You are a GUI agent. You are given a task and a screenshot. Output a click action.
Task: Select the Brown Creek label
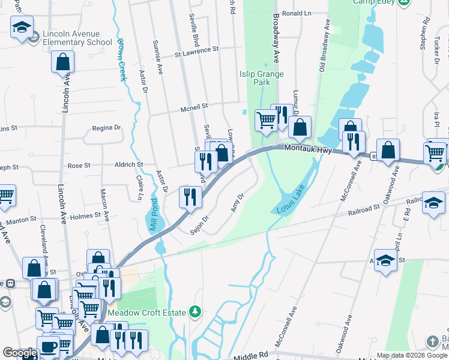[122, 59]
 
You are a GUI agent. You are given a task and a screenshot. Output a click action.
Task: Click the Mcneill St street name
[194, 107]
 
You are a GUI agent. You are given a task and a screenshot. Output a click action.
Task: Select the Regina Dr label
[106, 128]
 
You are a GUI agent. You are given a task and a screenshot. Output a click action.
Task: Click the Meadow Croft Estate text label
[147, 312]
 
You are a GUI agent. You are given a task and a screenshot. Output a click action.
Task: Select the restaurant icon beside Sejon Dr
[190, 197]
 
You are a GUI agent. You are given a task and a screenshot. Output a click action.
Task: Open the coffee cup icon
[48, 346]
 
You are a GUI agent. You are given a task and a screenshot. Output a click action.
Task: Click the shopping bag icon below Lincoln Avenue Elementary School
[62, 62]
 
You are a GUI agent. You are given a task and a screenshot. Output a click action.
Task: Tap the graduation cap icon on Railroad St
[433, 202]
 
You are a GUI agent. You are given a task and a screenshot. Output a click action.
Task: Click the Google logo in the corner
[19, 353]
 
